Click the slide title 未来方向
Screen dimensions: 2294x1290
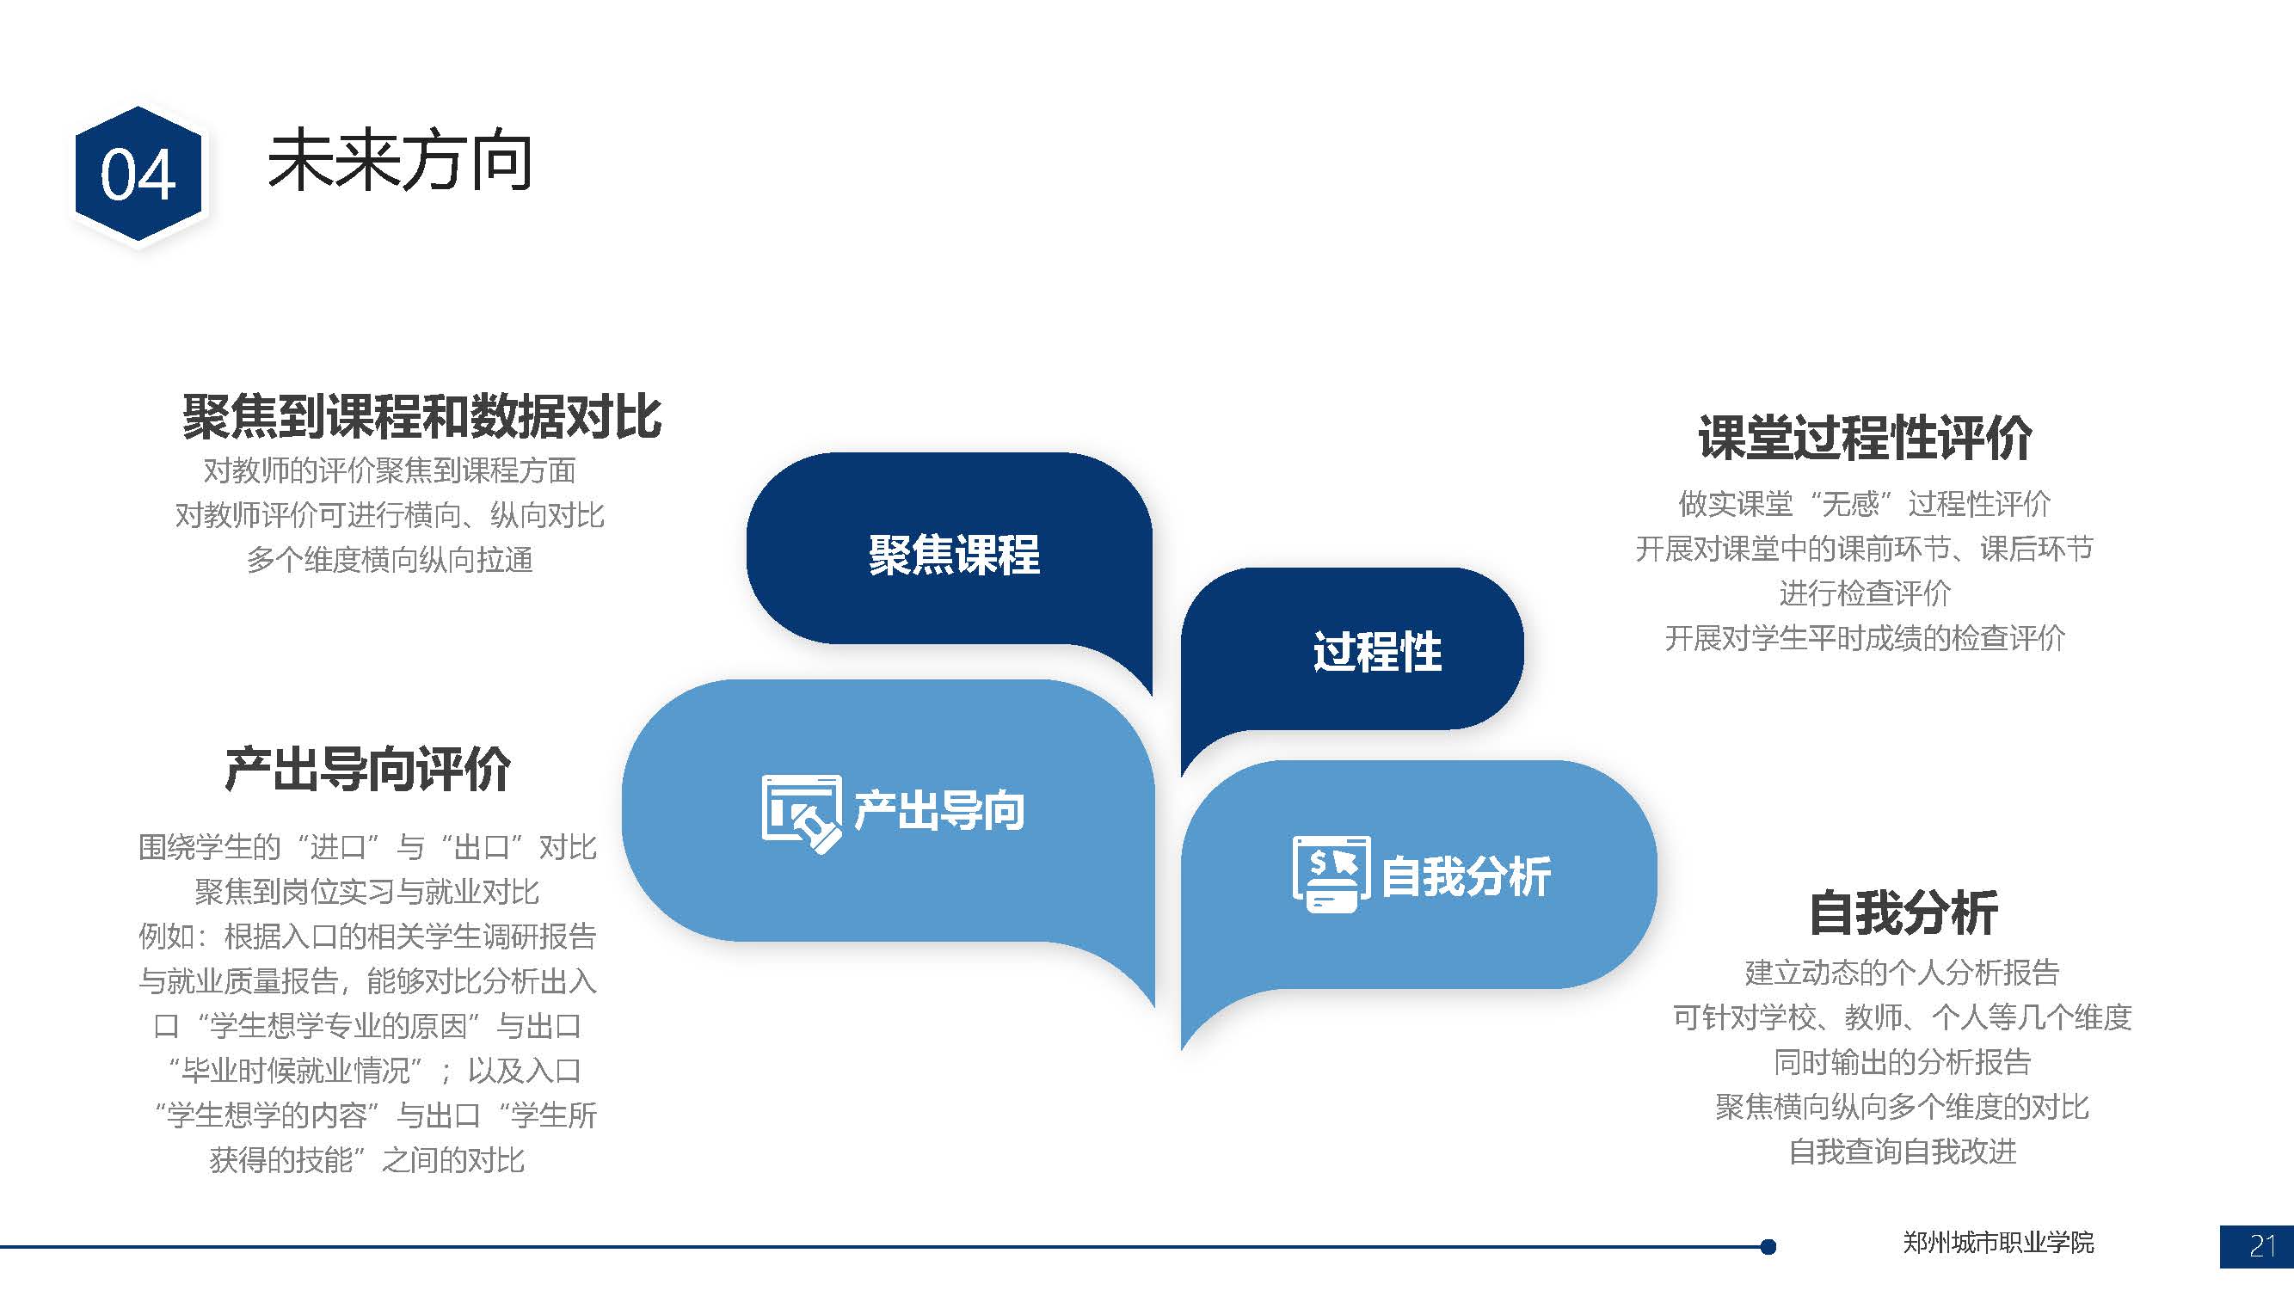[400, 162]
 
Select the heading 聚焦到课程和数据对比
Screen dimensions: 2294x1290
[422, 415]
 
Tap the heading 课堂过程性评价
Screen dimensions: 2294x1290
[1865, 437]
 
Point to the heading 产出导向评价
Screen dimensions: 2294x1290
[368, 768]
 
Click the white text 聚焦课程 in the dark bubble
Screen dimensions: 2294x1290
[954, 555]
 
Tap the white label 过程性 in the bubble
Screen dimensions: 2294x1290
[1378, 651]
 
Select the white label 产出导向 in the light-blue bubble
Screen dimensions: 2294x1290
[939, 810]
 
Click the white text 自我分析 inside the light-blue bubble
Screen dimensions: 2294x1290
[1467, 876]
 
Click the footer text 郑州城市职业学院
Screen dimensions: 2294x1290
[1998, 1243]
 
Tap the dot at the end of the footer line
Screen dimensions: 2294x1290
[1768, 1246]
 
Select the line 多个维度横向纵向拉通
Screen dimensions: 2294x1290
[390, 560]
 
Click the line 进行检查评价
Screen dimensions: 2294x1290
[1865, 593]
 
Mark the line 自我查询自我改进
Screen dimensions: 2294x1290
[1903, 1152]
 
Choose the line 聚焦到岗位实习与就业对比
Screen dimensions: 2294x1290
[367, 891]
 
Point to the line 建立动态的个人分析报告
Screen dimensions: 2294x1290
[1902, 973]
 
